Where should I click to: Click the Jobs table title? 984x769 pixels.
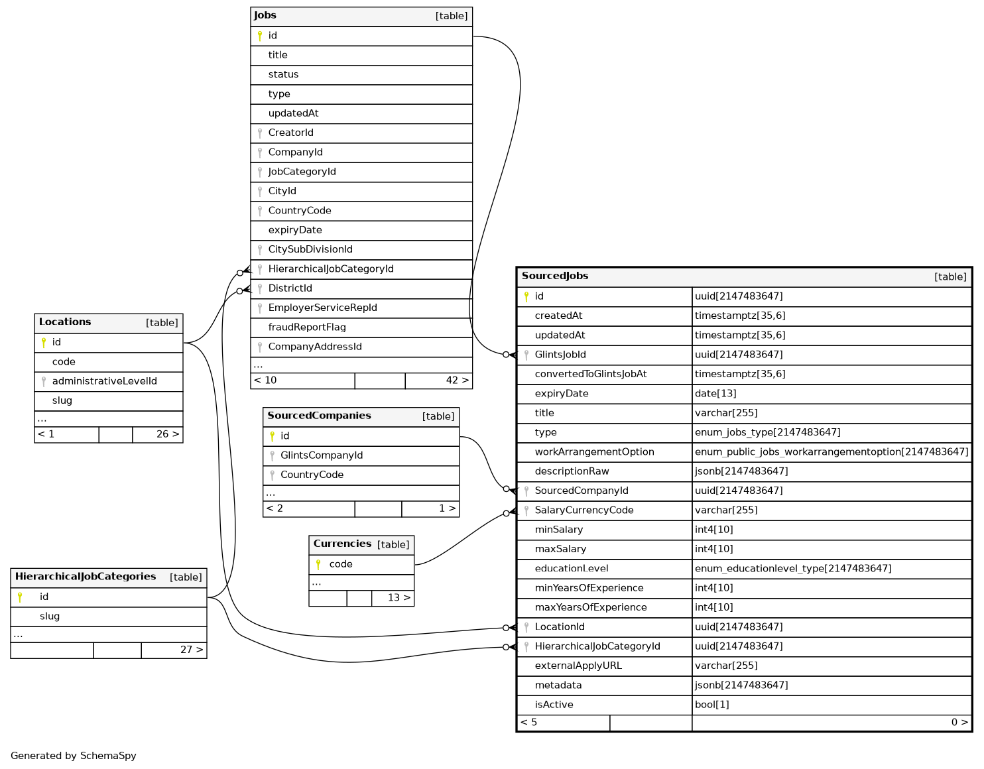pos(265,15)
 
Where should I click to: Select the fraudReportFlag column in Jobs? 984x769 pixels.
pos(307,327)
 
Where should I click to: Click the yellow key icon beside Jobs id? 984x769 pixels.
pos(260,36)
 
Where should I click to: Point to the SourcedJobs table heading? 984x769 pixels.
pos(555,276)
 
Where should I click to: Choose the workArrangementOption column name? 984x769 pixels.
pos(594,452)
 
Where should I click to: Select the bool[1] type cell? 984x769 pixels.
pos(712,705)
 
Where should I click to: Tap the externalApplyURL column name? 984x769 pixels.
pos(578,666)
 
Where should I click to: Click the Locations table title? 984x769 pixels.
pos(65,322)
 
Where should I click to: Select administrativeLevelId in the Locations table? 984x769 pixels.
pos(105,381)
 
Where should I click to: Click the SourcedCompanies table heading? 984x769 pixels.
pos(319,416)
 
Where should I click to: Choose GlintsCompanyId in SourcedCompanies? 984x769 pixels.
pos(322,455)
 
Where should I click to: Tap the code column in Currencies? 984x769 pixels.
pos(341,564)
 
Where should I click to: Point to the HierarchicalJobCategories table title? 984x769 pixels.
pos(86,577)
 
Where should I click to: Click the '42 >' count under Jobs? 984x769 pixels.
pos(457,381)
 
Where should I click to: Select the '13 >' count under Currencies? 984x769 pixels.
pos(399,598)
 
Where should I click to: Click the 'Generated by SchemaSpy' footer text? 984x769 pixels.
pos(74,756)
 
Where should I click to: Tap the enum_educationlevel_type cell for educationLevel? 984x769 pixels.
pos(793,569)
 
